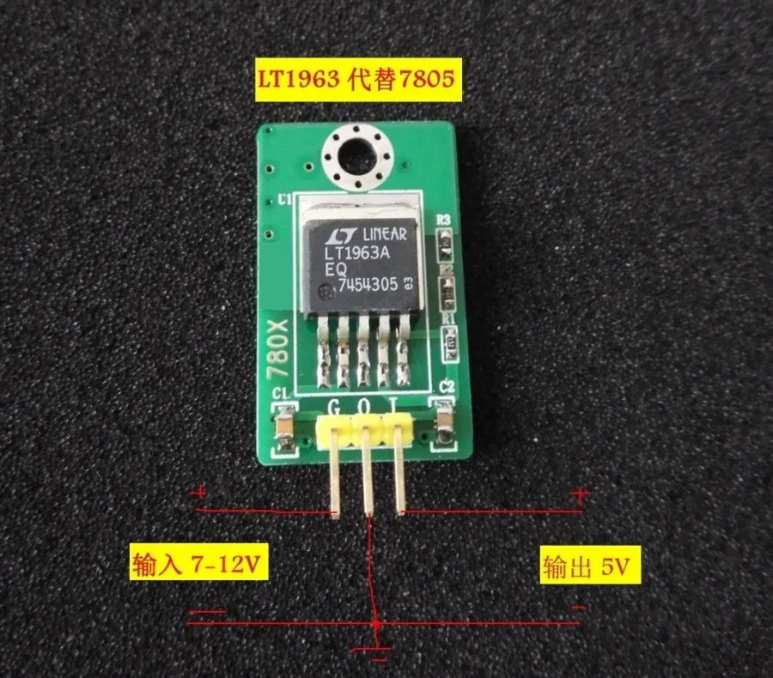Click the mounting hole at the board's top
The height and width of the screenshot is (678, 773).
tap(355, 157)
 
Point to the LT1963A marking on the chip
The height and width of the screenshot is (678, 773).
tap(359, 254)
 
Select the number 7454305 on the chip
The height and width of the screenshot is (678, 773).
tap(368, 288)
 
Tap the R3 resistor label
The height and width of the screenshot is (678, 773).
tap(444, 221)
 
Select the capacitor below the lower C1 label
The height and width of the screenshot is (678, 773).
tap(282, 427)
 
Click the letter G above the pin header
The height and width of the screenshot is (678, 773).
tap(335, 404)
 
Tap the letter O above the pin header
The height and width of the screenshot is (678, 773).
tap(364, 404)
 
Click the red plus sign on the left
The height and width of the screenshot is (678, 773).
tap(202, 493)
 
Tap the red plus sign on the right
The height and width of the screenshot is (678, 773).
tap(581, 495)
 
